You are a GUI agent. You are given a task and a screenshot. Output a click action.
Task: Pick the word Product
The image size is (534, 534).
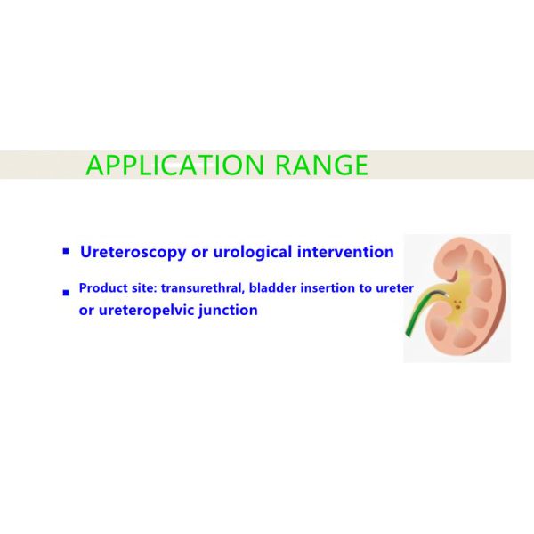click(102, 289)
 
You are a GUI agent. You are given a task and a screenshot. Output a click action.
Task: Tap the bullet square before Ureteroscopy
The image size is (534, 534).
click(65, 252)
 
